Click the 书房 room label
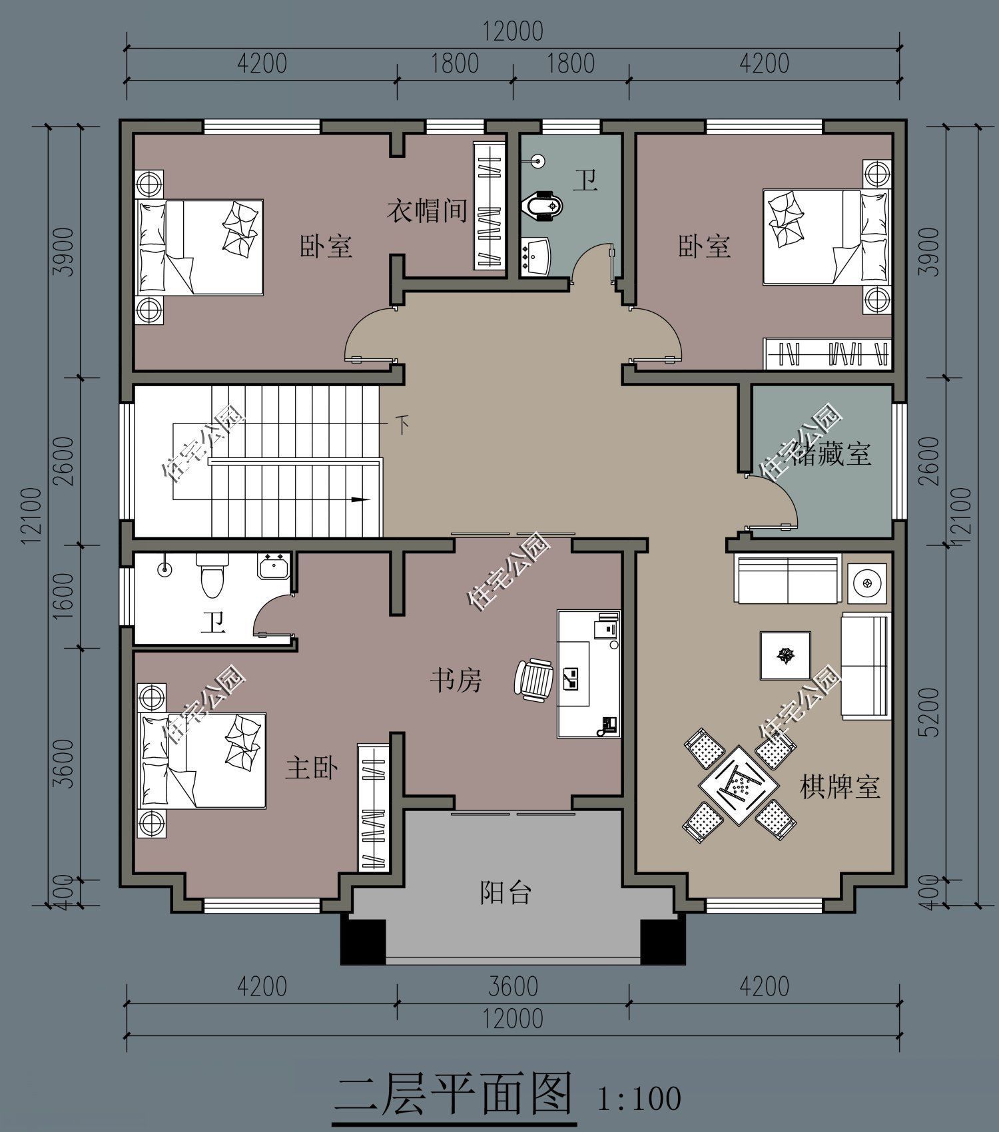pos(456,681)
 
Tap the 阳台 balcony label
pos(505,892)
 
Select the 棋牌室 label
pos(840,787)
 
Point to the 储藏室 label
pos(831,454)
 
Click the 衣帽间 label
pos(427,211)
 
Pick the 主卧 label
pos(312,767)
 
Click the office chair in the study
pos(533,679)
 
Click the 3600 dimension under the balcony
pos(513,986)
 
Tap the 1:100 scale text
pos(639,1097)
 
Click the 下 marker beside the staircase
pos(402,425)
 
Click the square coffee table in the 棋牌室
pos(786,655)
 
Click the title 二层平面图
pos(453,1092)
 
